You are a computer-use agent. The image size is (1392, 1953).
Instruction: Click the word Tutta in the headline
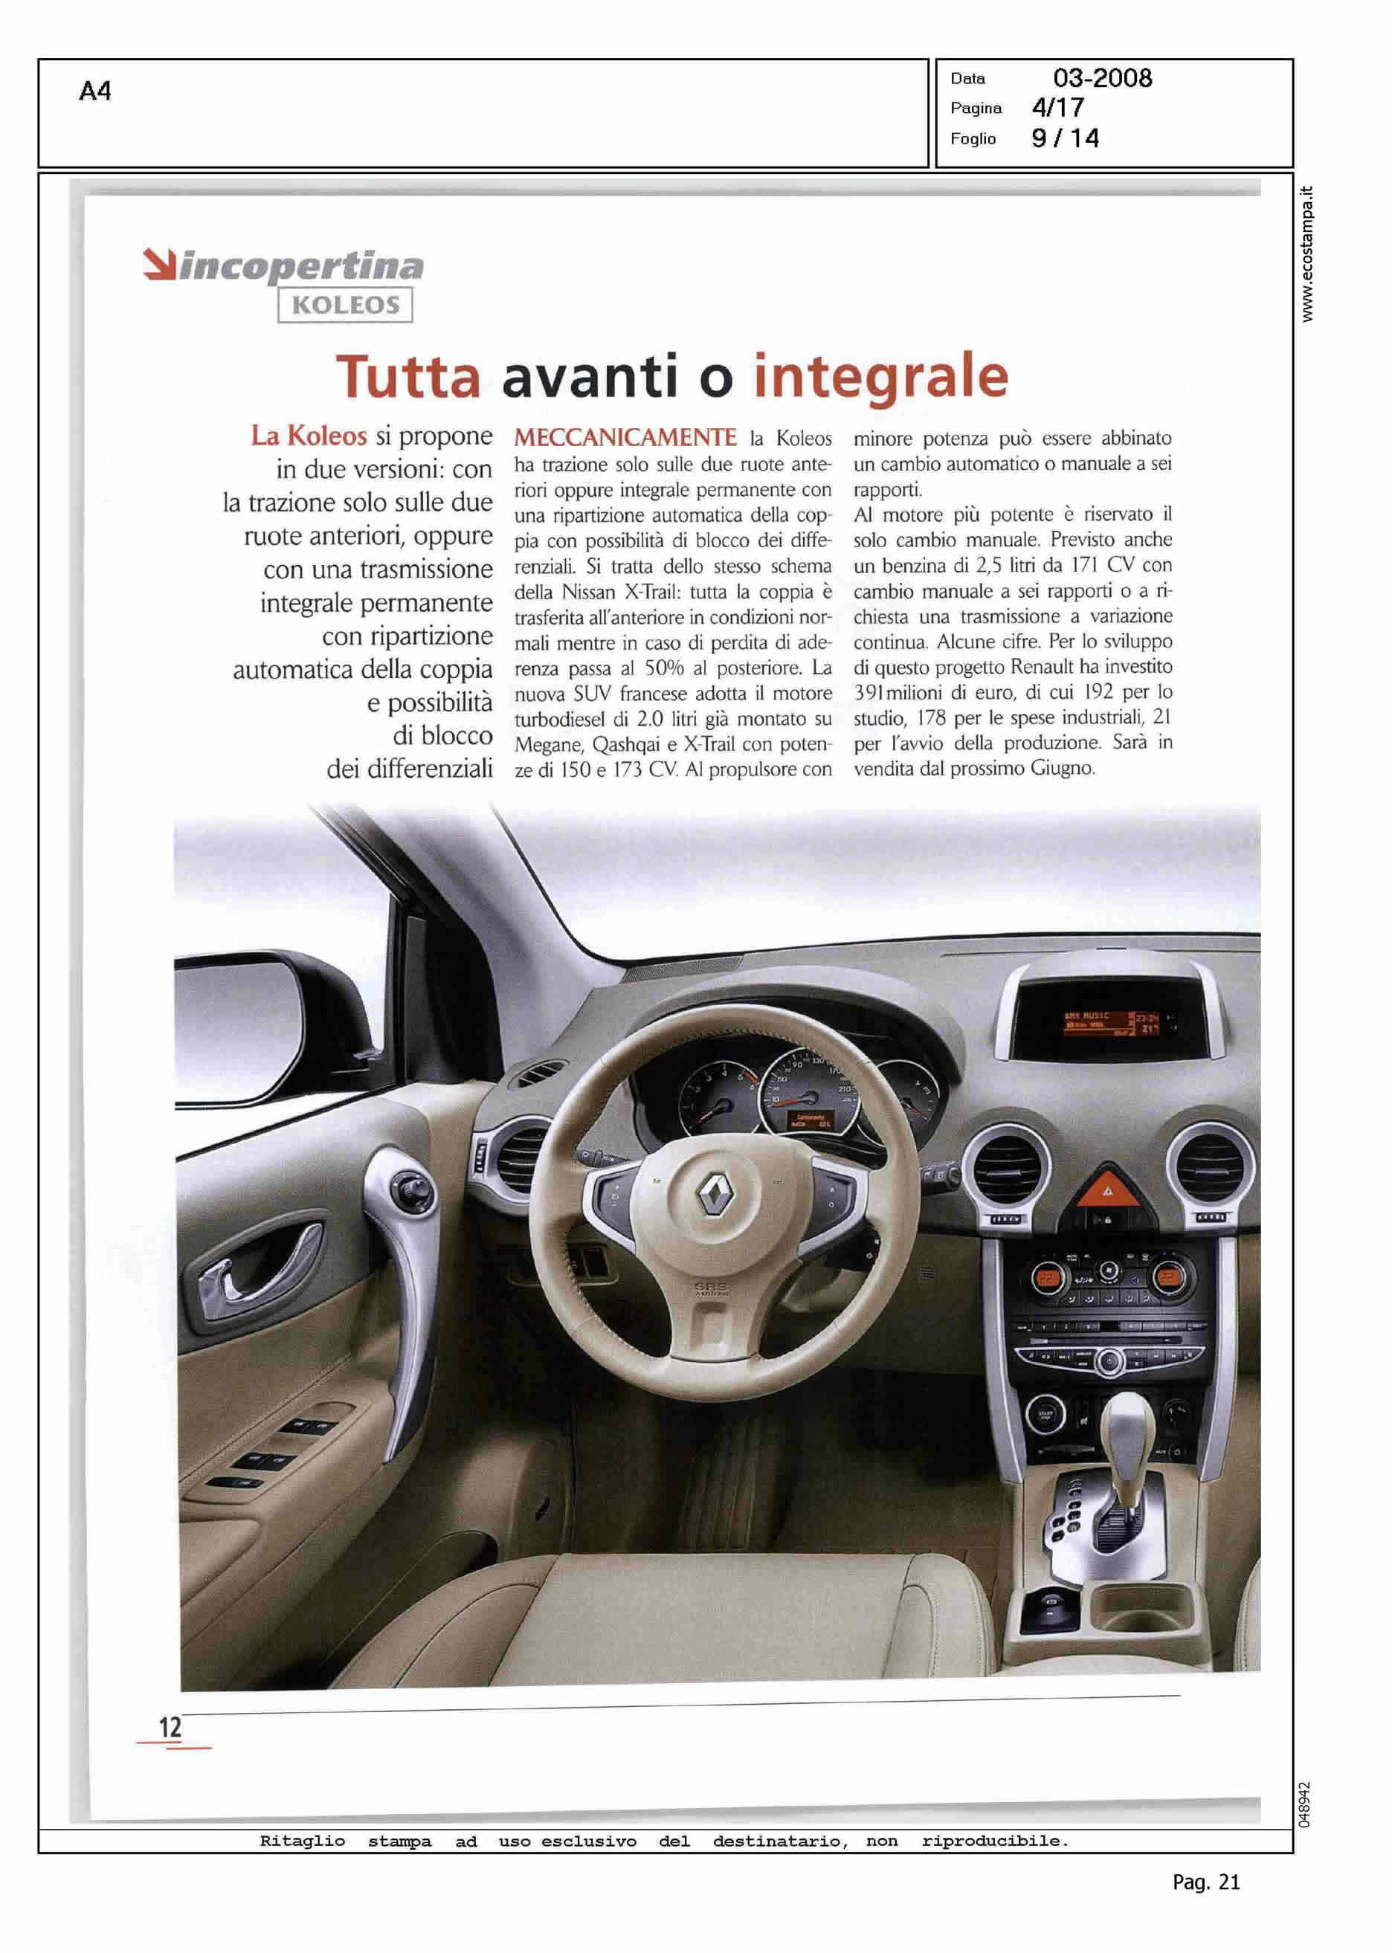pyautogui.click(x=408, y=377)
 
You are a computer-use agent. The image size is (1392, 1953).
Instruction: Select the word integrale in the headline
pyautogui.click(x=880, y=377)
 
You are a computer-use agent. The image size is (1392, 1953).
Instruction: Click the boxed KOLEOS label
pyautogui.click(x=346, y=305)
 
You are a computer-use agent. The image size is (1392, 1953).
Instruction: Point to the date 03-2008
pyautogui.click(x=1102, y=79)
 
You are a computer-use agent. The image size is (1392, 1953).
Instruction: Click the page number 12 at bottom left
pyautogui.click(x=170, y=1728)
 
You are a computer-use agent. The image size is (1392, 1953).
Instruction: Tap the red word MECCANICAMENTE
pyautogui.click(x=625, y=438)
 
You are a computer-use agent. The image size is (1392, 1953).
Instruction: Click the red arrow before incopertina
pyautogui.click(x=158, y=264)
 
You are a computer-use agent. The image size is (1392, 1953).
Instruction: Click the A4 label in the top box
pyautogui.click(x=95, y=91)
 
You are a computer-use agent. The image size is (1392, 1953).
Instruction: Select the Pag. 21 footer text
pyautogui.click(x=1206, y=1882)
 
